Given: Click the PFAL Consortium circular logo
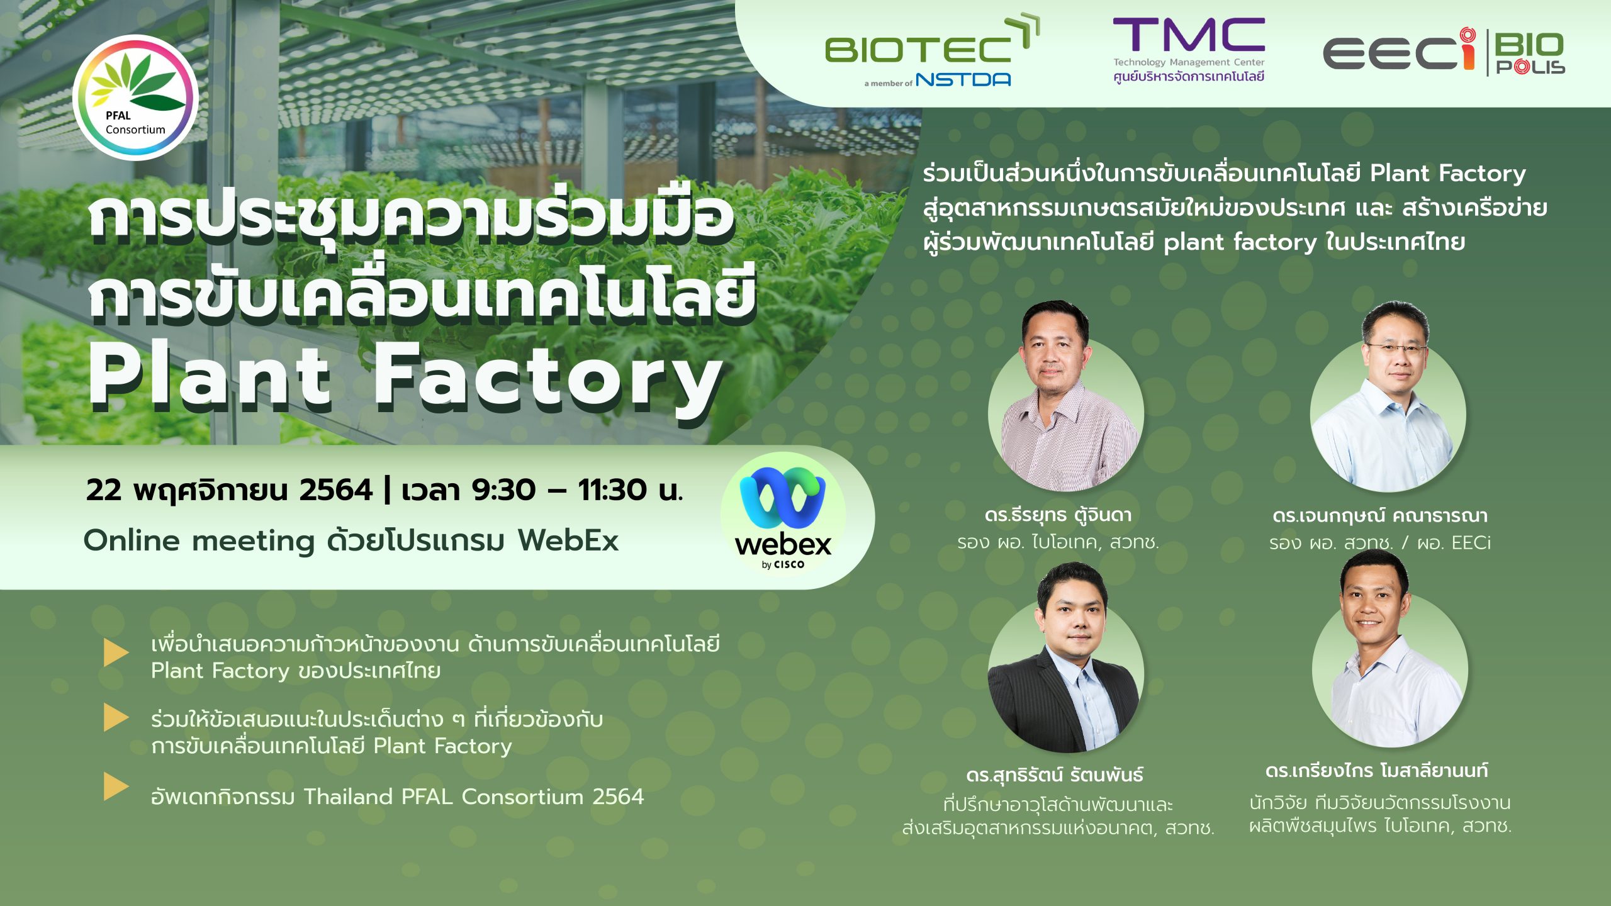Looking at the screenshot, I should [135, 98].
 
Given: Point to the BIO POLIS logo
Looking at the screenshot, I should [1529, 53].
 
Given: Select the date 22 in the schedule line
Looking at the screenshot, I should [104, 490].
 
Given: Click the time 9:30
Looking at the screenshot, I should [503, 490].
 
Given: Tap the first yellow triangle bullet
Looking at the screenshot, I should [116, 652].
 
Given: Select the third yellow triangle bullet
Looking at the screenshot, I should [116, 786].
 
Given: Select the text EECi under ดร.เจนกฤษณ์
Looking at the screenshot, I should [1471, 542].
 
